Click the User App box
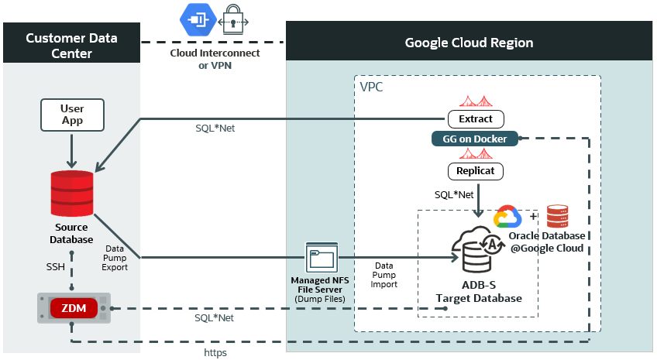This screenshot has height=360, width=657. click(x=72, y=114)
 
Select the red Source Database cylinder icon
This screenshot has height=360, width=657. click(x=72, y=194)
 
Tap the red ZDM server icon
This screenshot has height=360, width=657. click(x=74, y=308)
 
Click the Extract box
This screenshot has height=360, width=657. click(x=476, y=119)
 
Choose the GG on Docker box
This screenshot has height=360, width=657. click(x=475, y=138)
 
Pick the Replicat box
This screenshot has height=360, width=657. click(x=476, y=170)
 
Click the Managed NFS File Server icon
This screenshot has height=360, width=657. click(x=322, y=259)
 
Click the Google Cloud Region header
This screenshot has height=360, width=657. click(x=470, y=42)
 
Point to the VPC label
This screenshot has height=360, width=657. click(x=372, y=87)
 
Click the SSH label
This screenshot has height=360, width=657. click(x=54, y=266)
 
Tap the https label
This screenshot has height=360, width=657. click(x=216, y=352)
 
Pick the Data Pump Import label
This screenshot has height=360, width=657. click(x=384, y=275)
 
